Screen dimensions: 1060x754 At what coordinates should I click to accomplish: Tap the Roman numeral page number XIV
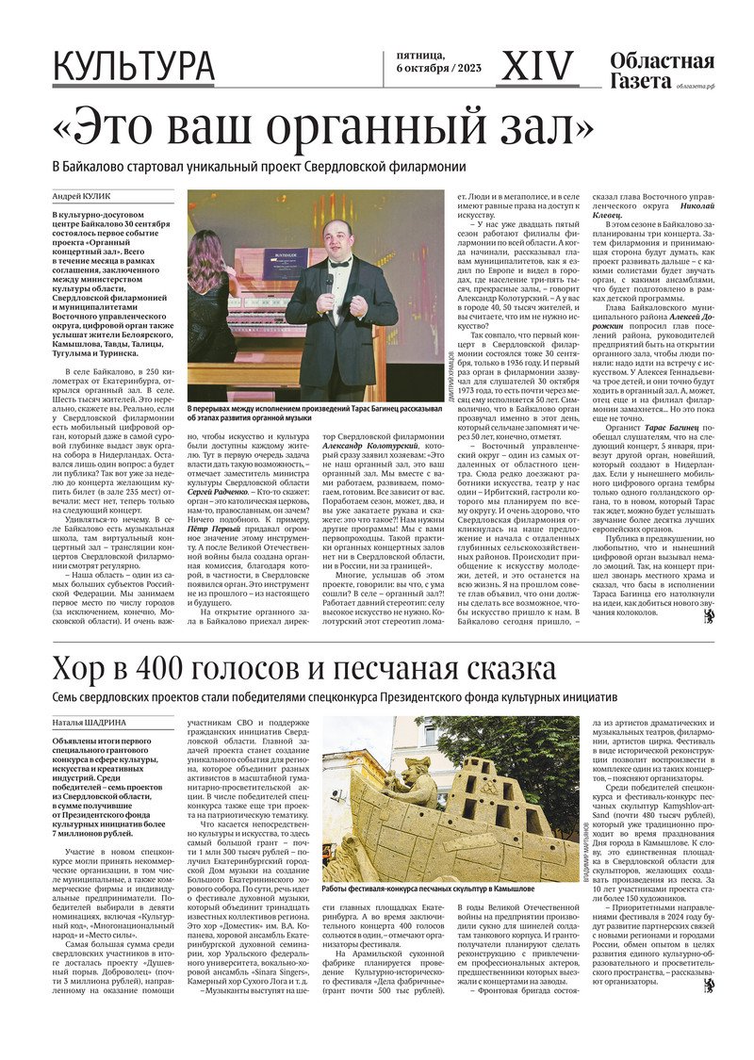pos(537,66)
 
